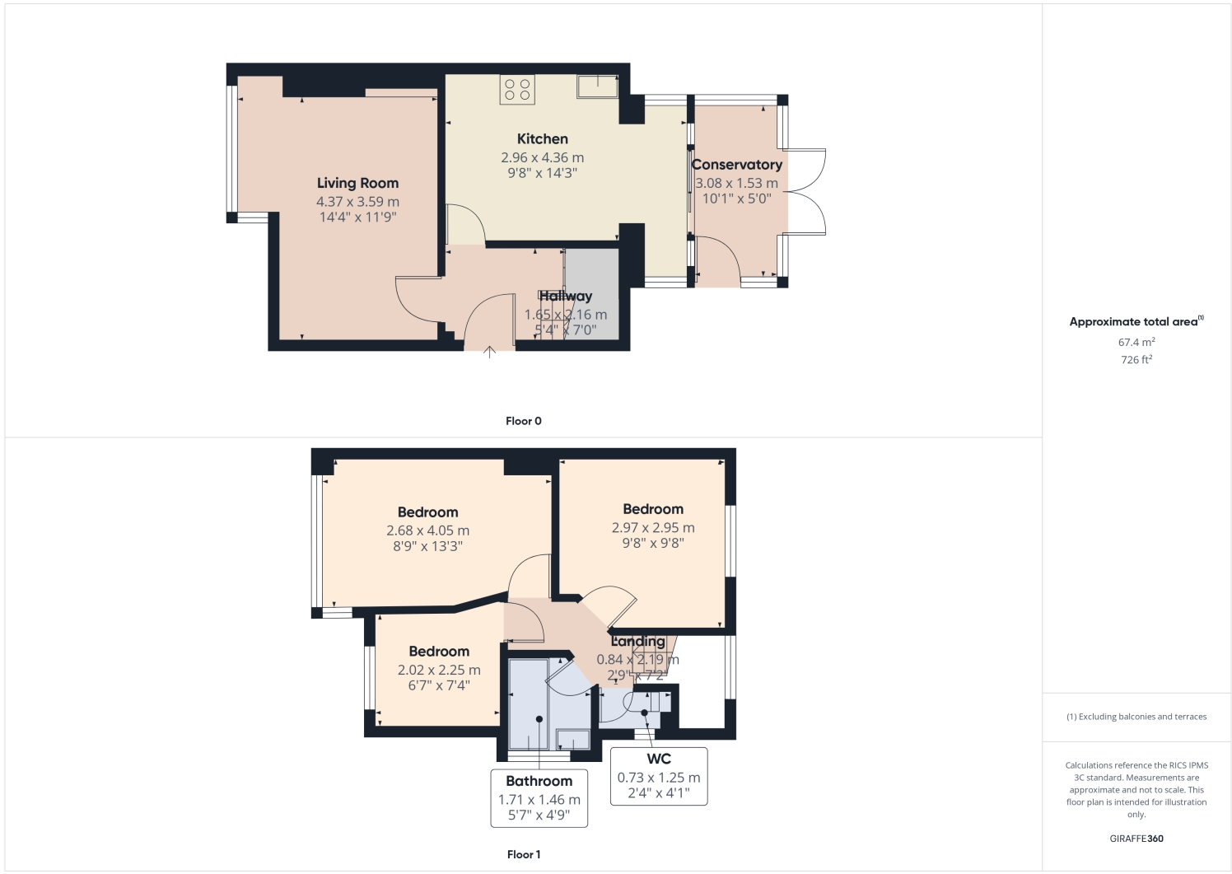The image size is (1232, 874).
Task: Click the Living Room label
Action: pos(357,183)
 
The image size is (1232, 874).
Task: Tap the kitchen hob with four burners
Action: pos(517,90)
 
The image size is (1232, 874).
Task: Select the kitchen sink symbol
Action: pos(597,86)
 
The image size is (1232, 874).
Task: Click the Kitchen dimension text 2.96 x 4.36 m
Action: pos(542,157)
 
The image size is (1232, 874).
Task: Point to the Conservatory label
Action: pos(736,165)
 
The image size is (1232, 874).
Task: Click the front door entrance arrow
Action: pos(489,352)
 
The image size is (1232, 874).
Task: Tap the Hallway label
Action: pos(566,297)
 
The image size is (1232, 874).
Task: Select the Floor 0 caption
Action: pos(524,421)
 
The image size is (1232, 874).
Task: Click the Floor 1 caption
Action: pos(524,854)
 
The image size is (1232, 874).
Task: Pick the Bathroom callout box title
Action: pos(539,781)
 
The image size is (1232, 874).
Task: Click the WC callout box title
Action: pos(658,759)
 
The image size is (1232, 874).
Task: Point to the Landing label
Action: pos(637,641)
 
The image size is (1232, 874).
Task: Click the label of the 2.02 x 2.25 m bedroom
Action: pos(439,652)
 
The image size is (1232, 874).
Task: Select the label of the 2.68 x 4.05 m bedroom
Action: pos(427,512)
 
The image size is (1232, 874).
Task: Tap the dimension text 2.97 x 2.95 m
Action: pos(653,527)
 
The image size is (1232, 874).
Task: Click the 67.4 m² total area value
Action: pos(1136,342)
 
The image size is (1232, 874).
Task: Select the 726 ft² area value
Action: pos(1136,360)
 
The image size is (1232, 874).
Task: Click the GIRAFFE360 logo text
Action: pos(1136,839)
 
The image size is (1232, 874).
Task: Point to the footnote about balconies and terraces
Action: pos(1136,717)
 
